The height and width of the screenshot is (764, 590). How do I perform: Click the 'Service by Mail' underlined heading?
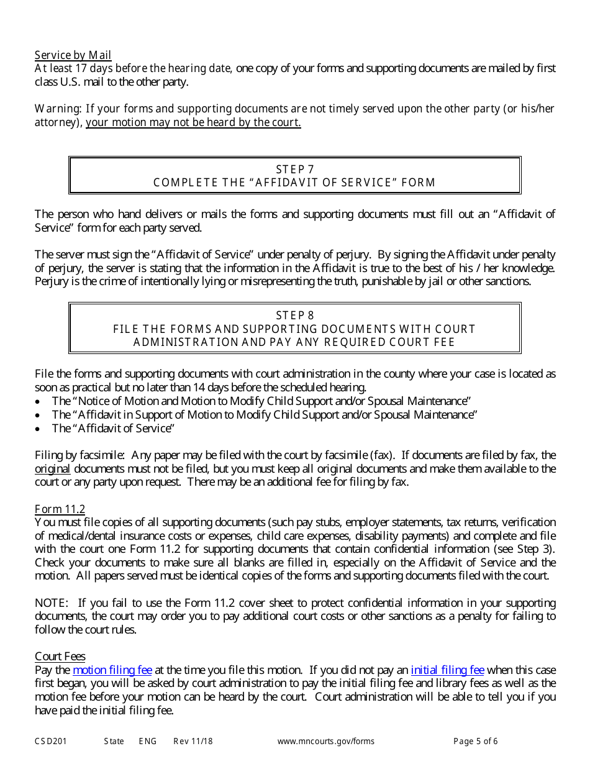tap(73, 55)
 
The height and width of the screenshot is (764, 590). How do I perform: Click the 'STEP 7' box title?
tap(294, 169)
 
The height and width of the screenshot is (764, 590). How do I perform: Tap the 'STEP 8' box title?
tap(294, 316)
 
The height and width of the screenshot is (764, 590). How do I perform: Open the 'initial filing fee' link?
tap(447, 670)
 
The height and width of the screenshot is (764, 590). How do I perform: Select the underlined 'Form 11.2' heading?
tap(60, 509)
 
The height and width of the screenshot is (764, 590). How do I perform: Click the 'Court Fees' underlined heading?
tap(60, 657)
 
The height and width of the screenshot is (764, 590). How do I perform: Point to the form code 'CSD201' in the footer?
tap(51, 741)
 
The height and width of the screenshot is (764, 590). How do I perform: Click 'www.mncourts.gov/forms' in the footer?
tap(326, 741)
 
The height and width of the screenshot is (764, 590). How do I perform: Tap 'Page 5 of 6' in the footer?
tap(476, 741)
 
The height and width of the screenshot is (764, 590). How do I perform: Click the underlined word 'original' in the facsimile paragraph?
tap(52, 469)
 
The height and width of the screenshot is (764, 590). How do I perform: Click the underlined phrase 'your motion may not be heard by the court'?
tap(193, 122)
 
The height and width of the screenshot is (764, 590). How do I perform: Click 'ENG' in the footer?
tap(148, 741)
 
